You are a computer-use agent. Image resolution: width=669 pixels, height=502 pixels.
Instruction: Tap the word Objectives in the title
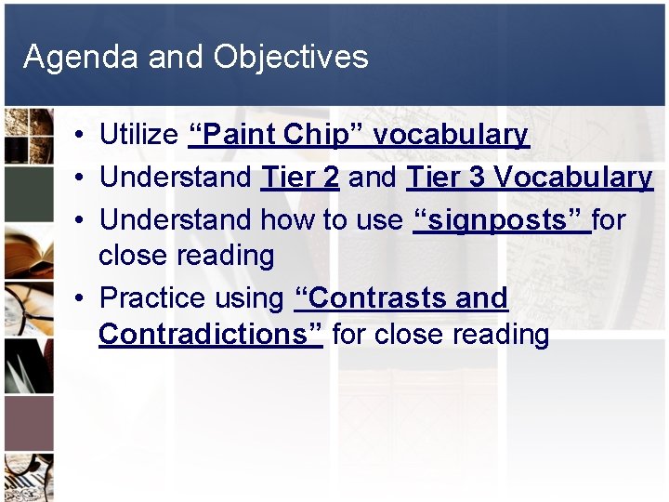(x=290, y=58)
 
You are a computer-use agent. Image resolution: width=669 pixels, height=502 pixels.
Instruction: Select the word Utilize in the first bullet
(x=138, y=135)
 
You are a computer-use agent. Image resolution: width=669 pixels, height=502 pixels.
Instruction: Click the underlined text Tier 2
(x=299, y=178)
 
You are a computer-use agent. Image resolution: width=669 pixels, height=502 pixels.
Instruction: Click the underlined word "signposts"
(x=502, y=220)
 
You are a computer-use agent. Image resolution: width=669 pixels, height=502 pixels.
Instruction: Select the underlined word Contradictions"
(x=210, y=334)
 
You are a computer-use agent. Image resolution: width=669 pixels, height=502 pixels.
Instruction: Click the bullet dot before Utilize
(x=83, y=136)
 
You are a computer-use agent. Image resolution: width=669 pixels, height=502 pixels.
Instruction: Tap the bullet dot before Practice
(x=83, y=299)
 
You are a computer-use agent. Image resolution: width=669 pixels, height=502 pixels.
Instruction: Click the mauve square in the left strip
(x=27, y=423)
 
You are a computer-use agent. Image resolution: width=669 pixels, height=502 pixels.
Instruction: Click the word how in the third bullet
(x=281, y=220)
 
